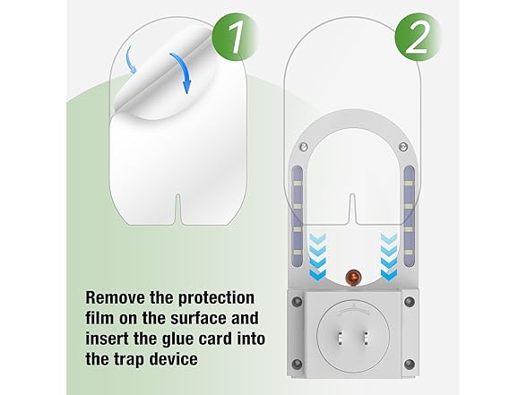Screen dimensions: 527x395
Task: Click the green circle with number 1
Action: [x=235, y=37]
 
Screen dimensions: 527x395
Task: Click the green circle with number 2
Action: [x=417, y=37]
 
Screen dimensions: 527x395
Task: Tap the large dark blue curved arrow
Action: [x=182, y=73]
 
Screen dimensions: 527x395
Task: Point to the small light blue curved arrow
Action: [x=131, y=59]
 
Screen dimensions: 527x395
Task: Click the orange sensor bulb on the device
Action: [x=352, y=278]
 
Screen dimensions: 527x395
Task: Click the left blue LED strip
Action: [x=298, y=216]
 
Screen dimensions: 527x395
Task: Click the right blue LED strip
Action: [x=409, y=216]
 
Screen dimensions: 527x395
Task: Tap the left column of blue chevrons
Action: [x=317, y=256]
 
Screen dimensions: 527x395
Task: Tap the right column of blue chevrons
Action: [x=389, y=256]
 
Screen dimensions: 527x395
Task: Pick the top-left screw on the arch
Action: [x=304, y=147]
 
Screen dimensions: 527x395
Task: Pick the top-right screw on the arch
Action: [x=402, y=147]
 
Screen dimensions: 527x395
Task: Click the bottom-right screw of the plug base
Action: [x=409, y=364]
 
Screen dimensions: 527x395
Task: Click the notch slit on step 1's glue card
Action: [x=178, y=209]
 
